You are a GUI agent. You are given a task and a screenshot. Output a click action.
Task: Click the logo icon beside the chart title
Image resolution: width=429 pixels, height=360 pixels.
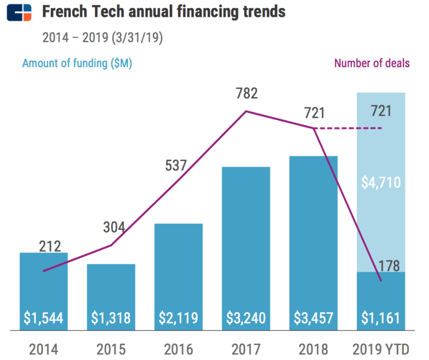(19, 12)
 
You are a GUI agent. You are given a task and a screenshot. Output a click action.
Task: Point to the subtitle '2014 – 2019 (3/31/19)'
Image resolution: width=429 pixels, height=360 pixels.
(103, 38)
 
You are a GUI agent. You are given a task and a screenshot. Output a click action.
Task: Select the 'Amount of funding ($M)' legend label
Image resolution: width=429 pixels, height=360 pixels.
(77, 63)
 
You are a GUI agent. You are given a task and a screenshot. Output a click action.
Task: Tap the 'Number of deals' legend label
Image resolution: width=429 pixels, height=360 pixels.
(372, 63)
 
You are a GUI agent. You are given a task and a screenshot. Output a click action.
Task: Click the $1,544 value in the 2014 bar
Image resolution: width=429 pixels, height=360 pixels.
(44, 318)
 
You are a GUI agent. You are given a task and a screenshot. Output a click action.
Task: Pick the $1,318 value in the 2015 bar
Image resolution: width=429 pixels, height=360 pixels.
(111, 318)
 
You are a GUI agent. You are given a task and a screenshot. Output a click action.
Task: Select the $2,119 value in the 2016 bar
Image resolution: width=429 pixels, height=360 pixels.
(178, 318)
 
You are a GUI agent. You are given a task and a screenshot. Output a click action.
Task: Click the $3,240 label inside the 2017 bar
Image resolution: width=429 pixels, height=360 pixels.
(246, 318)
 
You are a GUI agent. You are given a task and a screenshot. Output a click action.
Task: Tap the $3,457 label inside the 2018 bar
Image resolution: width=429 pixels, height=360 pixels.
(313, 318)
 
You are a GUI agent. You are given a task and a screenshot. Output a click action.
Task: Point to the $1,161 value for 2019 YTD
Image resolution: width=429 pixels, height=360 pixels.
(380, 318)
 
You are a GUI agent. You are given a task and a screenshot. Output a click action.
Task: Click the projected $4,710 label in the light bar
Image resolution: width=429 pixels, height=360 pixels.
(380, 182)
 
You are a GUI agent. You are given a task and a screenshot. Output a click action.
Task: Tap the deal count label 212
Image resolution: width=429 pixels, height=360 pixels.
(50, 246)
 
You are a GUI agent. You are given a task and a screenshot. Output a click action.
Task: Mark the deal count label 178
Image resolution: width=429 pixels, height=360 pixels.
(389, 265)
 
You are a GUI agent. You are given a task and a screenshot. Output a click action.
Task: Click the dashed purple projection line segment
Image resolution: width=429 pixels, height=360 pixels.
(349, 129)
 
